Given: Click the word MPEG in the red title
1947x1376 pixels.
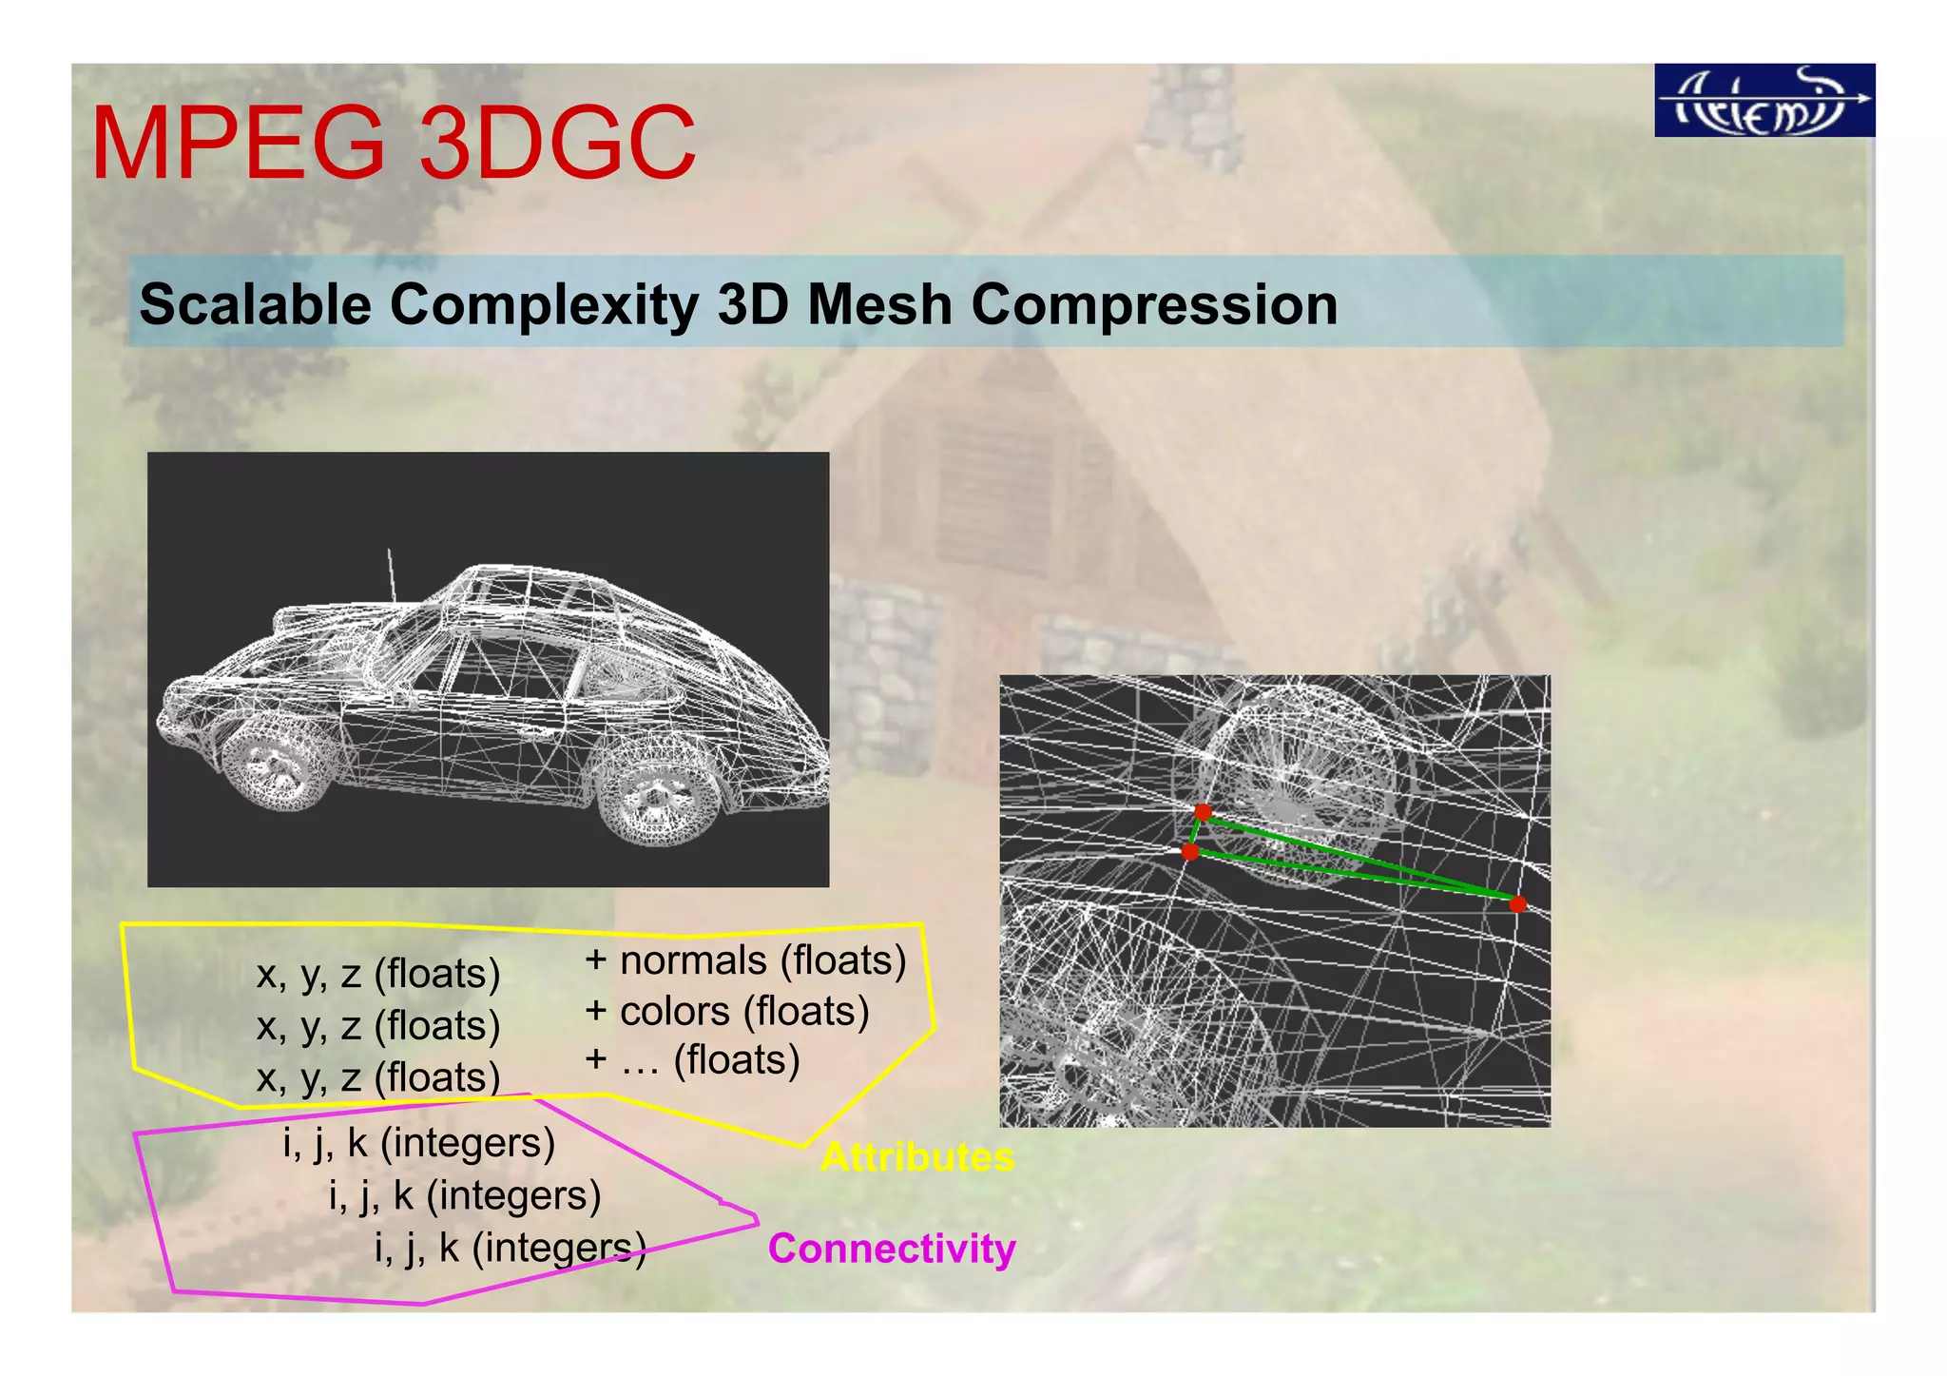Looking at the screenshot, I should coord(239,145).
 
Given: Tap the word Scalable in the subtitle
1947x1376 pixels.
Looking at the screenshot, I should coord(255,305).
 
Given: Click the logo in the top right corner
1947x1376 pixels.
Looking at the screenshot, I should coord(1764,101).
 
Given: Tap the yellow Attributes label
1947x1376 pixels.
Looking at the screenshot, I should coord(917,1157).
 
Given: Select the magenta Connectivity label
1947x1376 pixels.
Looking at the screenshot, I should coord(892,1249).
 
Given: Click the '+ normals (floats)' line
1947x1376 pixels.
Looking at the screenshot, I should coord(745,960).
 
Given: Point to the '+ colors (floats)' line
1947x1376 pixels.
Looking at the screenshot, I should coord(727,1011).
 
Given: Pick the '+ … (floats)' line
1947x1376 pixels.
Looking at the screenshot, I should coord(692,1060).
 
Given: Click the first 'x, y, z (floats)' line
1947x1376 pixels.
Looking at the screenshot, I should coord(378,974).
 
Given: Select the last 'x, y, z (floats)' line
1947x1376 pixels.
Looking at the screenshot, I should coord(378,1077).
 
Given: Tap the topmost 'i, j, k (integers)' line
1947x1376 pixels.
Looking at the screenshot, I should coord(418,1143).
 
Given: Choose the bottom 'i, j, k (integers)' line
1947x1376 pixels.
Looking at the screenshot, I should coord(511,1249).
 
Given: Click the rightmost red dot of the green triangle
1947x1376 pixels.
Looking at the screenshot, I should coord(1517,903).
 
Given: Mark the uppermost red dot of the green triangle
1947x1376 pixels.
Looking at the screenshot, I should coord(1203,812).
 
